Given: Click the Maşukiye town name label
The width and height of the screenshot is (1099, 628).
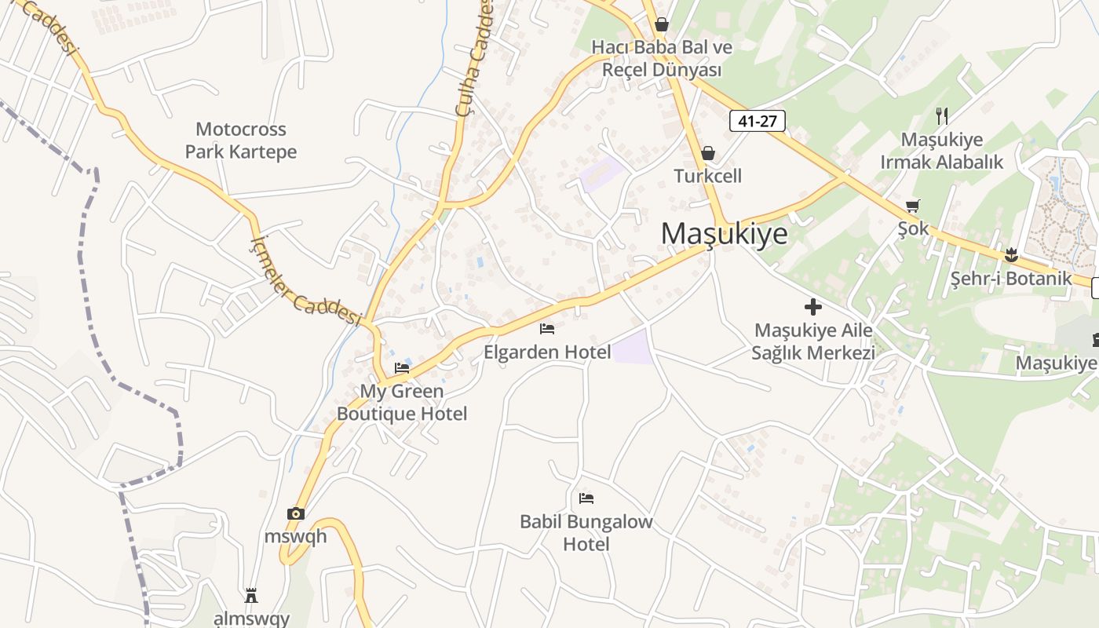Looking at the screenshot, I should tap(724, 234).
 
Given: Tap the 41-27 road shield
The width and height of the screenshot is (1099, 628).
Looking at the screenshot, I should tap(757, 121).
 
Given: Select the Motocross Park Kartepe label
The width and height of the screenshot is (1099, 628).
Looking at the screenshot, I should tap(241, 141).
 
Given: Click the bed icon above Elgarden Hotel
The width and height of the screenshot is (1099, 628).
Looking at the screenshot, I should tap(547, 329).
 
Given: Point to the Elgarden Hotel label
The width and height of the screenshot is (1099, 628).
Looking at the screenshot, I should tap(547, 352).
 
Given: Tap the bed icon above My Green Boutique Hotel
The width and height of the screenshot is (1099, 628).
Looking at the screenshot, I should tap(402, 367).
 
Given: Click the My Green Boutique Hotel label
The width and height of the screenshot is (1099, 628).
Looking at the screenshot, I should tap(402, 402).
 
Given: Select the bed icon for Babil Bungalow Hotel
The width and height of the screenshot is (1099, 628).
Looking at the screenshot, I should tap(586, 498).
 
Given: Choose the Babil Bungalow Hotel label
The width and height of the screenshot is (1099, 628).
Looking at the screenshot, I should tap(586, 532).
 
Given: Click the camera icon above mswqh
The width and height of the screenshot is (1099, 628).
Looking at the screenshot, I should tap(296, 514).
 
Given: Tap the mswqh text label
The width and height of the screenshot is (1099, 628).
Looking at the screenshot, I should tap(296, 537).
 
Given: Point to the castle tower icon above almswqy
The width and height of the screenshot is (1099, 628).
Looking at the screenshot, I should tap(251, 595).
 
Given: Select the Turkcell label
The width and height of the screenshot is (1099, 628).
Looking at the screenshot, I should tap(708, 176).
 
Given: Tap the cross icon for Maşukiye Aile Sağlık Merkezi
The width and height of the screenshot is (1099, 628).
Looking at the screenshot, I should tap(813, 307).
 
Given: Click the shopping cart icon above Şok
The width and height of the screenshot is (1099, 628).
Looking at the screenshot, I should tap(912, 206).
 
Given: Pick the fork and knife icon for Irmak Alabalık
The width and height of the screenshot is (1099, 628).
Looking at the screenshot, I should tap(942, 116).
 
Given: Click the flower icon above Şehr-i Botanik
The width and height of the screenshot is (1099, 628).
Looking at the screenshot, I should tap(1011, 254).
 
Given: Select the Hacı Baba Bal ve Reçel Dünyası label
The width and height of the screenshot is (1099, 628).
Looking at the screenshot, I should tap(662, 58).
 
